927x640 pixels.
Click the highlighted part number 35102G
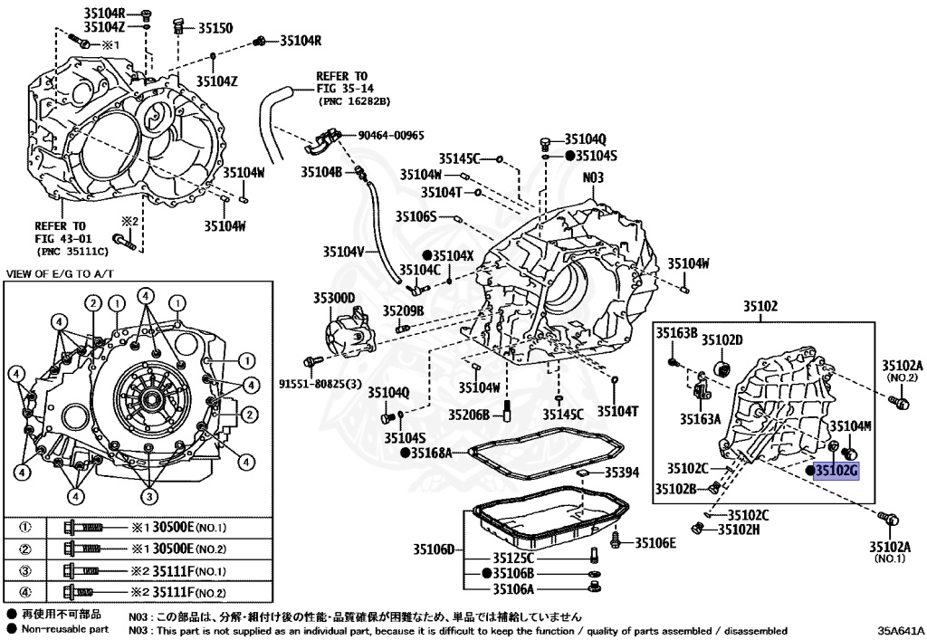836,470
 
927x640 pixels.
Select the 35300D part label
334,297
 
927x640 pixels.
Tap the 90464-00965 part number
391,135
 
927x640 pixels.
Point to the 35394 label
622,473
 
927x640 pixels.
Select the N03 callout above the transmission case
592,178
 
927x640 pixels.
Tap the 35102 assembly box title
760,307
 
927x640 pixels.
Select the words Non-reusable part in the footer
65,628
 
